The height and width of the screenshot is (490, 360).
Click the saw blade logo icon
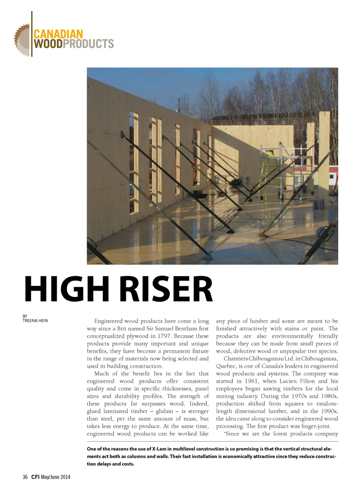coord(22,40)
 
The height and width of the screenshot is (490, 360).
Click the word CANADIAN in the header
coord(58,34)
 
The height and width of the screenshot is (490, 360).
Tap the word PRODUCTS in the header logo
coord(88,44)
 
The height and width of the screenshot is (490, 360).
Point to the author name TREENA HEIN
coord(35,321)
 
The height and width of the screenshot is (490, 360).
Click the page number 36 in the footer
coord(25,477)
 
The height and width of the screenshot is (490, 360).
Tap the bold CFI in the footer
coord(35,477)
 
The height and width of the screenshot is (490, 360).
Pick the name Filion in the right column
coord(307,381)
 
